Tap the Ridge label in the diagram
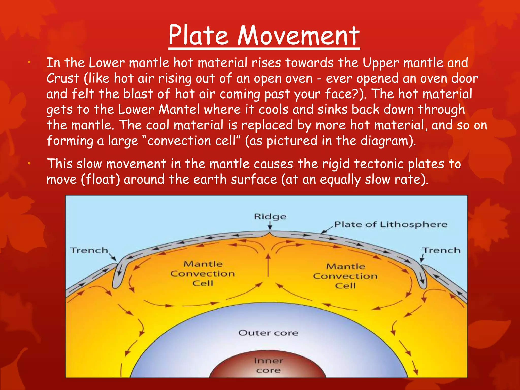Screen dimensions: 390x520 270,217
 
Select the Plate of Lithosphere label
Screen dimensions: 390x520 391,224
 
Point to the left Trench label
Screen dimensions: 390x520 89,250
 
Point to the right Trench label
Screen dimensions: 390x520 441,250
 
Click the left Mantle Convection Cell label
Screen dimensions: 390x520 203,273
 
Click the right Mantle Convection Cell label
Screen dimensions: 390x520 345,276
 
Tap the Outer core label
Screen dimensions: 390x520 268,333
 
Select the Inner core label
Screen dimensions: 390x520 268,365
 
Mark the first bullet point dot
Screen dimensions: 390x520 29,62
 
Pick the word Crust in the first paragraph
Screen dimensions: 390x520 63,78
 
